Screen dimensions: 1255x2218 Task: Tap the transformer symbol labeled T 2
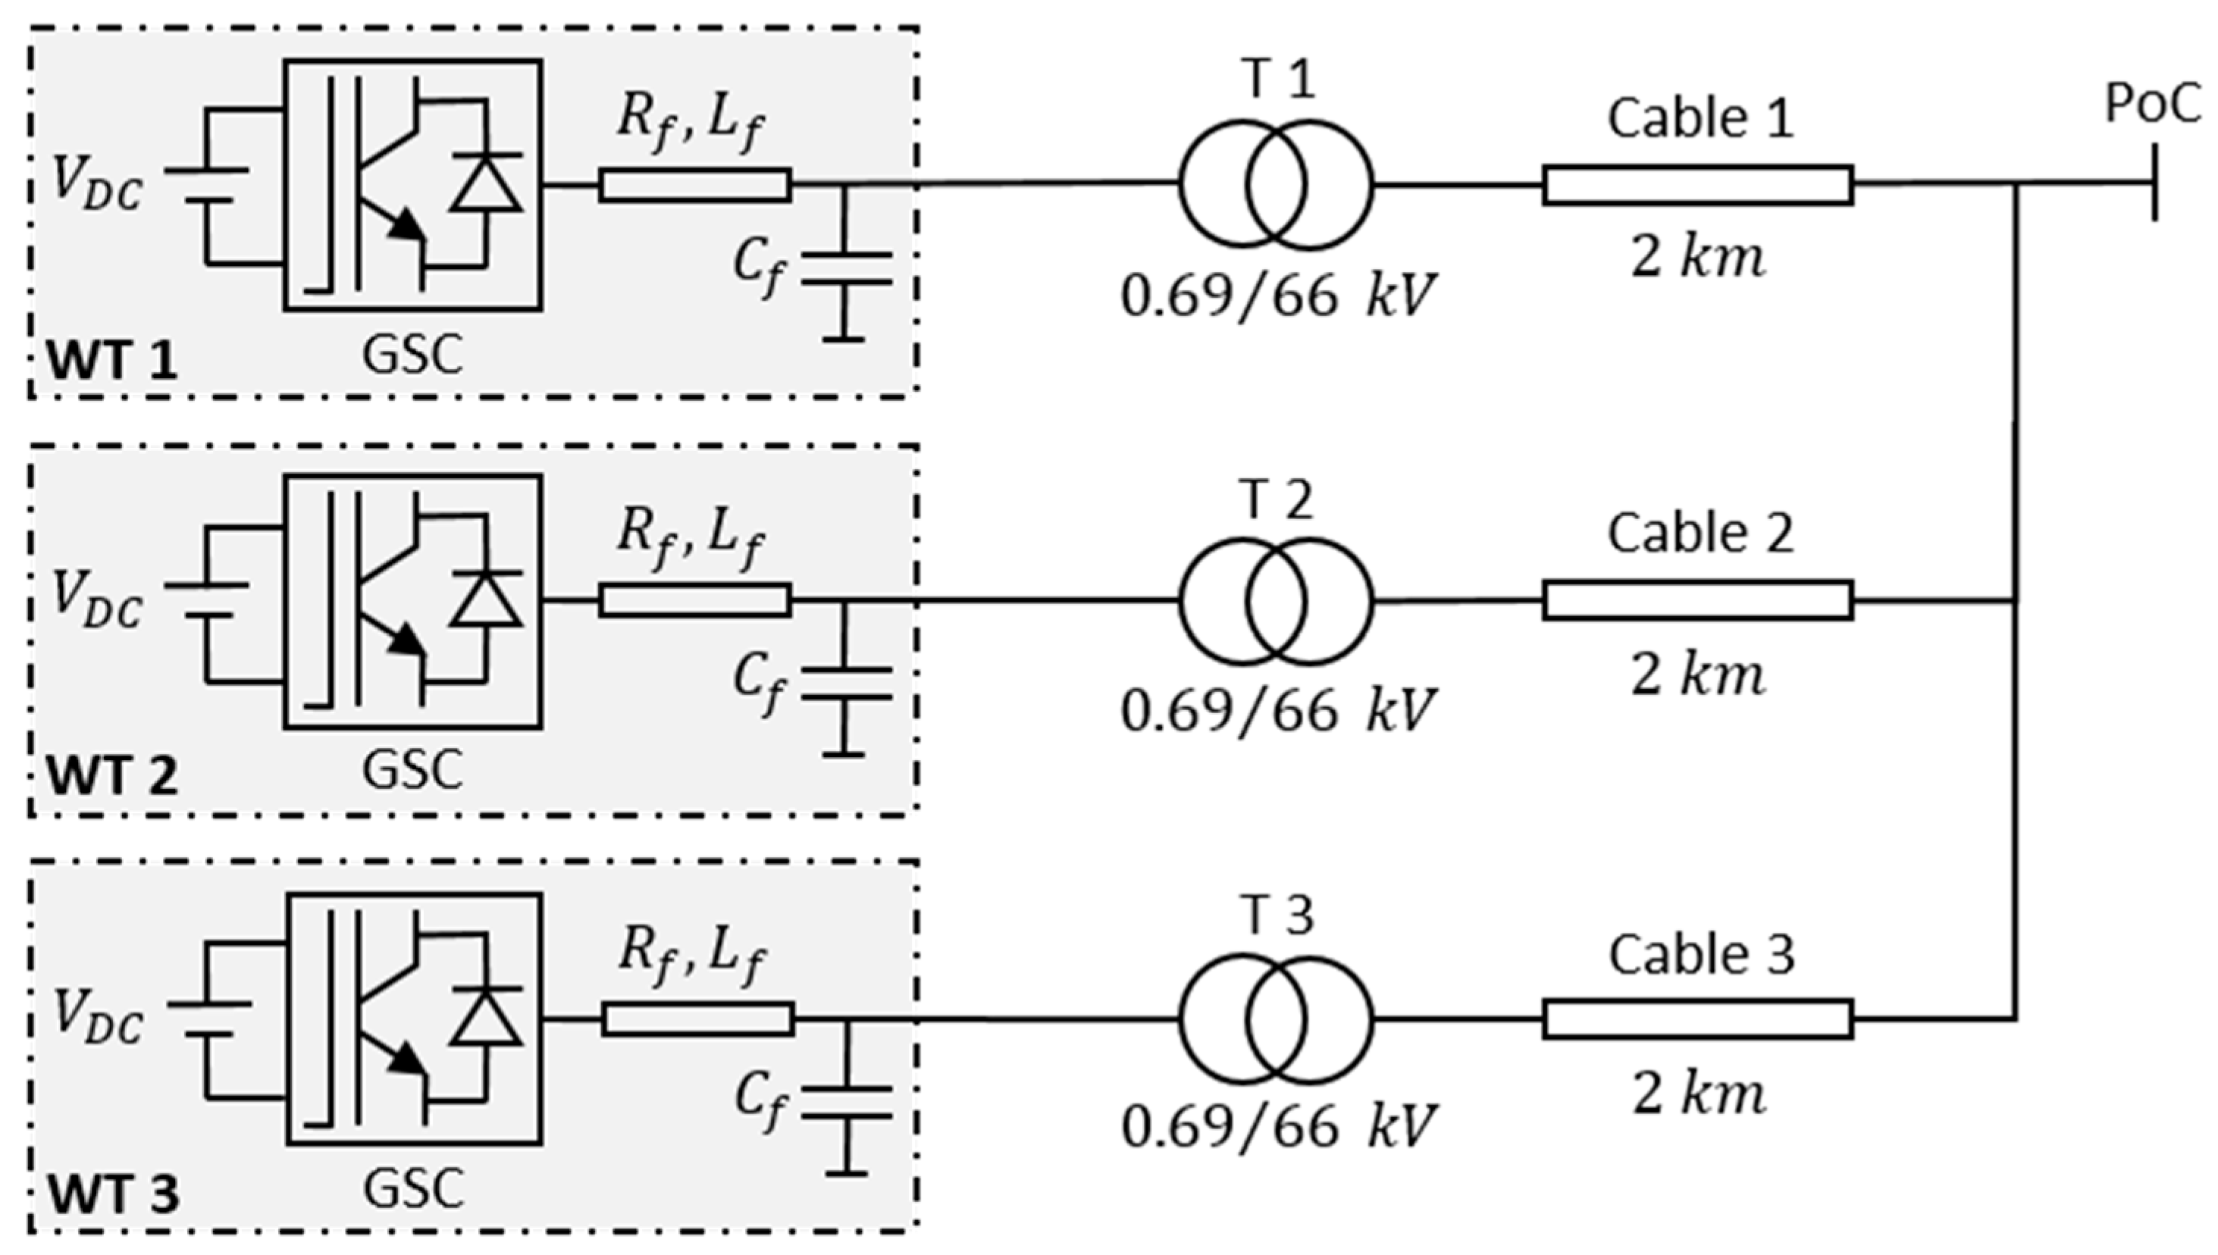pos(1275,602)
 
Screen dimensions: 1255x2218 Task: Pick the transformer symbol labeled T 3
pos(1275,1019)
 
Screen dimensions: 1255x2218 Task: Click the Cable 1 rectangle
pos(1697,186)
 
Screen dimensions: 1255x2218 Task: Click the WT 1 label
pos(112,360)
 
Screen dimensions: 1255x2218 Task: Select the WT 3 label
pos(113,1194)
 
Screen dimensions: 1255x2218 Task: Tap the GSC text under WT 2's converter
pos(412,770)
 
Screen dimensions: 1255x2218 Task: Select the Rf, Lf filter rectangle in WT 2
pos(695,601)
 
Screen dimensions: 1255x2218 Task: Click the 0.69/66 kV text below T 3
pos(1277,1125)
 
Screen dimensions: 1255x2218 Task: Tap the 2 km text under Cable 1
pos(1697,258)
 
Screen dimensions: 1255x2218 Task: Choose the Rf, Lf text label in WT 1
pos(691,125)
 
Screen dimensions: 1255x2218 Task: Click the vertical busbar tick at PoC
pos(2155,183)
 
